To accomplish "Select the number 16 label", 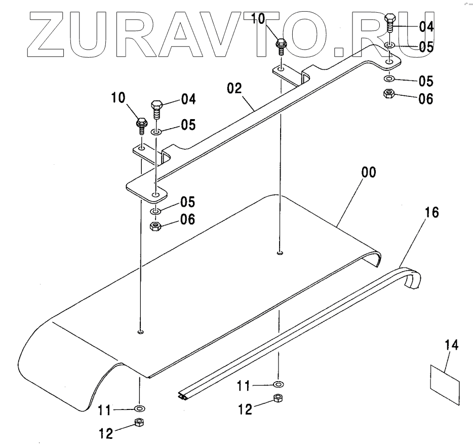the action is [432, 212].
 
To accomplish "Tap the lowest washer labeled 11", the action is [139, 407].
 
